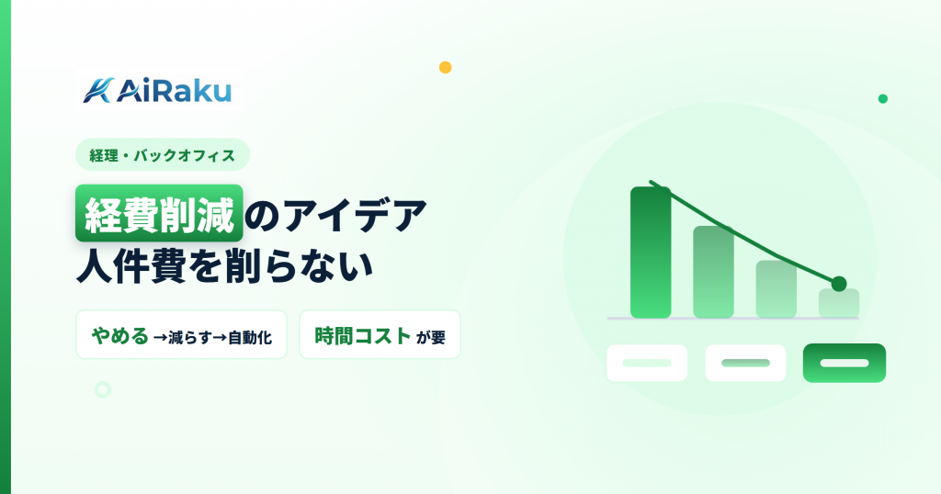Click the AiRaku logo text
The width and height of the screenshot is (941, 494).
(x=174, y=91)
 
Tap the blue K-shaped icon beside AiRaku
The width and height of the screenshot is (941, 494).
(x=98, y=91)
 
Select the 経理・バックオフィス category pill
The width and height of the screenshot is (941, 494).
(x=163, y=154)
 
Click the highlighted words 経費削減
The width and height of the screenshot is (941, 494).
(x=159, y=214)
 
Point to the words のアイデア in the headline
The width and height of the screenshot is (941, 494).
(x=336, y=214)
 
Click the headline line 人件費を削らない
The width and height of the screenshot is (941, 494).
(x=225, y=264)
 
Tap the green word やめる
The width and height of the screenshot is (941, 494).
(x=120, y=336)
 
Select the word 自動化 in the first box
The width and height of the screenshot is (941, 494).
(x=250, y=338)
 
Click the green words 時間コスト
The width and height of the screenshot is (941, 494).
(x=363, y=336)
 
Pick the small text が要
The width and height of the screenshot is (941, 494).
(x=431, y=338)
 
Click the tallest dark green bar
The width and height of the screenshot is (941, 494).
(x=651, y=253)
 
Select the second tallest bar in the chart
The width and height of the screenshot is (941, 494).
(x=713, y=272)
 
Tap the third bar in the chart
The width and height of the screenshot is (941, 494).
(x=776, y=289)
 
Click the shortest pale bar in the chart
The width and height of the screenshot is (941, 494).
(x=839, y=303)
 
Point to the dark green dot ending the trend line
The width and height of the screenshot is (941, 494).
(x=839, y=284)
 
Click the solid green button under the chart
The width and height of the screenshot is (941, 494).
(x=845, y=363)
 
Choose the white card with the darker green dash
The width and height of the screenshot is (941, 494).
(x=745, y=363)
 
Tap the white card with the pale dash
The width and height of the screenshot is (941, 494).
(x=646, y=363)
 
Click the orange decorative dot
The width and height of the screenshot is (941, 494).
(x=446, y=67)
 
